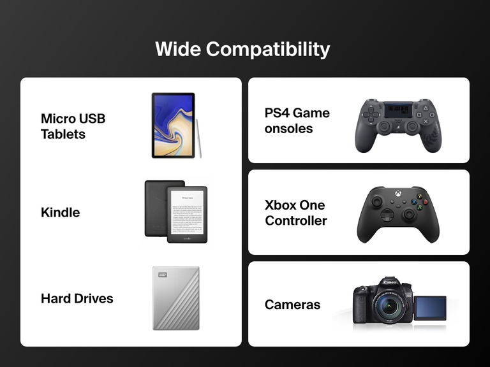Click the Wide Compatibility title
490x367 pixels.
click(x=242, y=49)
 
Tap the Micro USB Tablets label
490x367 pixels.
click(x=73, y=126)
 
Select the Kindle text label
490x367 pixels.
click(x=60, y=212)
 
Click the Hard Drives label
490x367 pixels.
click(x=77, y=298)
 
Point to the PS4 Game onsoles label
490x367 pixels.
click(x=297, y=120)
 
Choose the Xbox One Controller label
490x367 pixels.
click(x=295, y=213)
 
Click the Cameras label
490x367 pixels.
click(x=292, y=305)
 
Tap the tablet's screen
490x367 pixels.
click(x=173, y=125)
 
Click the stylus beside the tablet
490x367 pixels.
click(x=199, y=137)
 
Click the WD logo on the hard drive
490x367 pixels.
click(x=161, y=275)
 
